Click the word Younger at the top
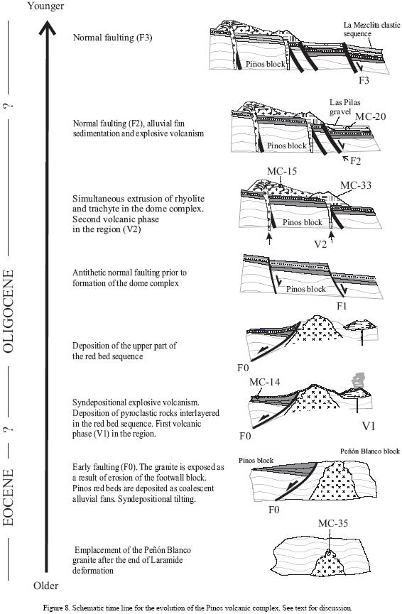(45, 6)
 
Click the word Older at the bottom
(45, 586)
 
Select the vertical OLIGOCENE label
(9, 312)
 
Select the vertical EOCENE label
(9, 498)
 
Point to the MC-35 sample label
(333, 523)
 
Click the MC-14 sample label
(265, 382)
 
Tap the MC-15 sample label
(282, 171)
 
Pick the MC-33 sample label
(356, 185)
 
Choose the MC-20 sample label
(370, 116)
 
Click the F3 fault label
(364, 80)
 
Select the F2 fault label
(355, 160)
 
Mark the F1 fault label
(342, 305)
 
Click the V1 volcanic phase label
(369, 426)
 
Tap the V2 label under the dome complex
(320, 244)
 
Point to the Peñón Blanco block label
(370, 451)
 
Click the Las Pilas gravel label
(344, 107)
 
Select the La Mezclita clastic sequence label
(372, 29)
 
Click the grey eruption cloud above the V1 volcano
(358, 380)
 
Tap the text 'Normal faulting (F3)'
(112, 38)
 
